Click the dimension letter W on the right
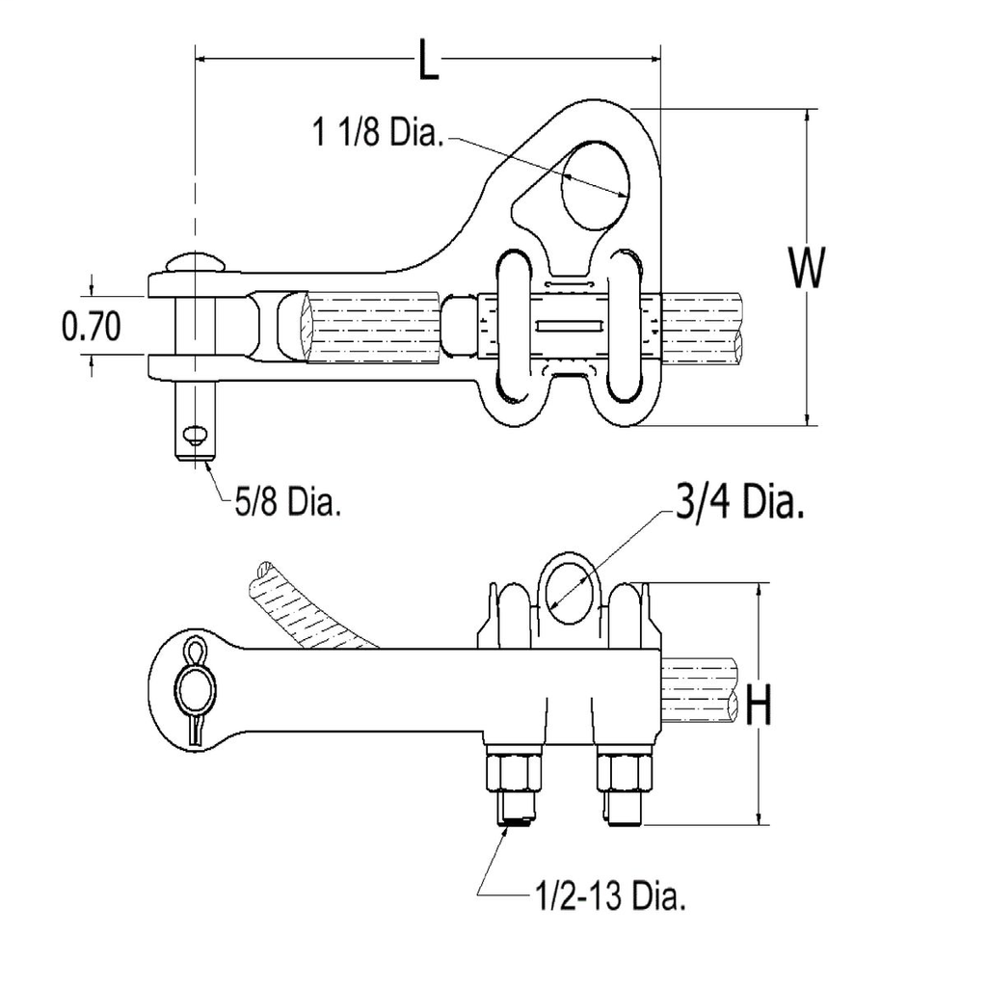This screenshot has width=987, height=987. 806,269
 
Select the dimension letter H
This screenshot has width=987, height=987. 760,707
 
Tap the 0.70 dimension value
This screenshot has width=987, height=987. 92,328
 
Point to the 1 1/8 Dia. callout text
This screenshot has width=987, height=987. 377,133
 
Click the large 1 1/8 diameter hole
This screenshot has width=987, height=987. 595,184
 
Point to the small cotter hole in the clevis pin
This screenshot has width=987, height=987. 196,436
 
